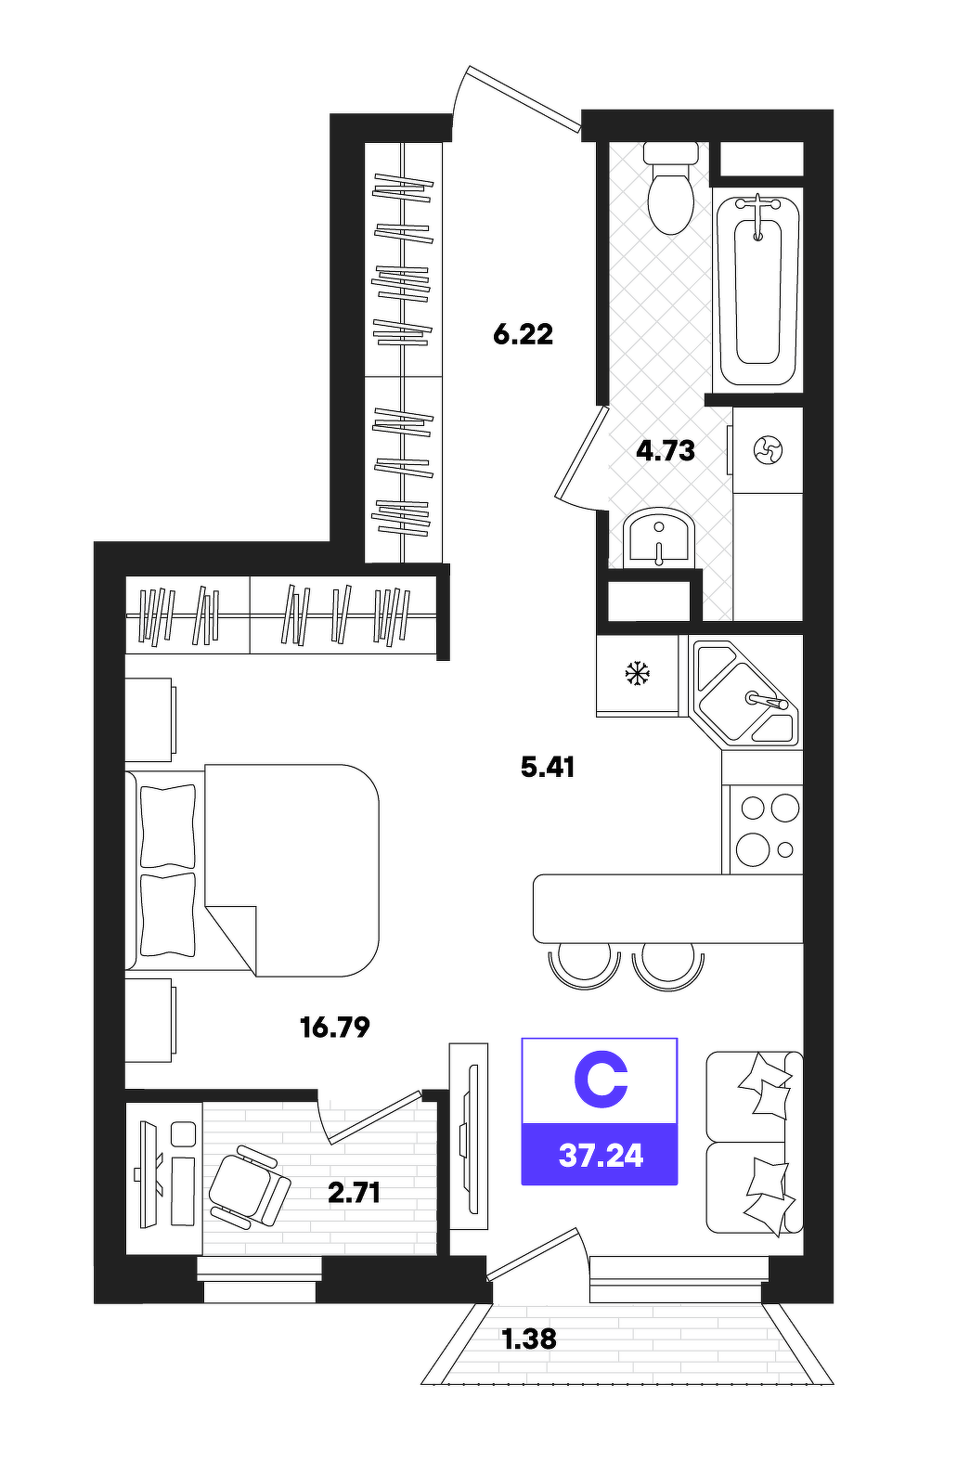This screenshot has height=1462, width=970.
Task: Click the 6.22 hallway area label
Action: click(523, 335)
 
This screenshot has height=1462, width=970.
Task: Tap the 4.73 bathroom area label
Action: click(666, 450)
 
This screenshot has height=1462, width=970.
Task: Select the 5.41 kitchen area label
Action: click(548, 768)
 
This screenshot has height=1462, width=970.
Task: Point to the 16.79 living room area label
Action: click(335, 1028)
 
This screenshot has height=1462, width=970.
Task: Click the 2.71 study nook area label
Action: click(354, 1194)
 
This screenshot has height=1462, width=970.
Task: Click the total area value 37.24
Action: click(601, 1156)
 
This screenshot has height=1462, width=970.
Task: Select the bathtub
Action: click(757, 291)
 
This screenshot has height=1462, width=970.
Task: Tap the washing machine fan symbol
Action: click(767, 450)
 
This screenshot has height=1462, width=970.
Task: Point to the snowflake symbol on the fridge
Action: click(636, 673)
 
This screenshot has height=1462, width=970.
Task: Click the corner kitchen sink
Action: click(745, 693)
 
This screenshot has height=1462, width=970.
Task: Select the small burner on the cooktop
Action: click(785, 849)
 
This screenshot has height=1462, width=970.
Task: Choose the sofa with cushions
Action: click(754, 1143)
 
